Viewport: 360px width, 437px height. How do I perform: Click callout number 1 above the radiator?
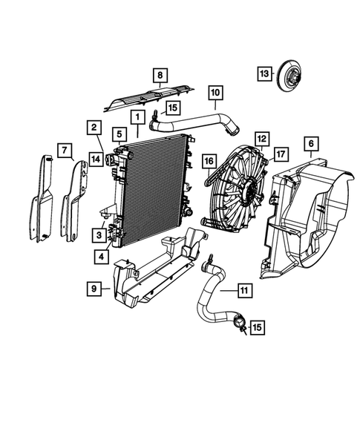coord(137,117)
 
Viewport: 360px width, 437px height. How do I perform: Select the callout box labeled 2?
coord(94,128)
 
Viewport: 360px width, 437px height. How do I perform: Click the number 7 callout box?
coord(66,152)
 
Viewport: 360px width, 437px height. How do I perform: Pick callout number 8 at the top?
coord(159,75)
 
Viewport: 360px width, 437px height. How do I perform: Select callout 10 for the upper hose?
coord(214,93)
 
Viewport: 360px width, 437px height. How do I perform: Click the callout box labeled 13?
coord(265,73)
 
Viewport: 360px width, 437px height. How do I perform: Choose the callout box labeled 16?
coord(209,160)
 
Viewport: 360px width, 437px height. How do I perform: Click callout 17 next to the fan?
coord(280,155)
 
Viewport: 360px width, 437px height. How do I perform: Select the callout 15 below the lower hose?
coord(257,326)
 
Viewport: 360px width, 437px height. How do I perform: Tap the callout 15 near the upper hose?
coord(172,108)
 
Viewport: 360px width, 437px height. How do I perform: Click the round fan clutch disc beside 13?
coord(292,76)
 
